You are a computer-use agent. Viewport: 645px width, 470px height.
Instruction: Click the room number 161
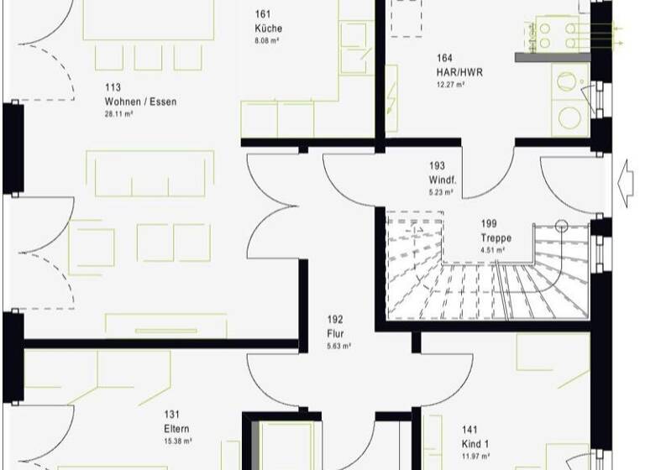[x=263, y=14]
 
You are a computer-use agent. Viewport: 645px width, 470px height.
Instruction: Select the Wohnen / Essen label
[x=141, y=102]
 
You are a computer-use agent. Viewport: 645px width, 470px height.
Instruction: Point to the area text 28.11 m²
[x=118, y=113]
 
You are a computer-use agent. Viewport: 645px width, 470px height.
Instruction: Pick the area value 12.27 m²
[x=448, y=84]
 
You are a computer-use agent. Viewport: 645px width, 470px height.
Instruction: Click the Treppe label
[x=496, y=238]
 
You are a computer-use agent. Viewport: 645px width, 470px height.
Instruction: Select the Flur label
[x=335, y=333]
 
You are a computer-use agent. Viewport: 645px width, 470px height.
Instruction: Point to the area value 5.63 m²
[x=338, y=345]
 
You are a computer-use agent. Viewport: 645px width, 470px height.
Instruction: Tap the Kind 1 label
[x=475, y=444]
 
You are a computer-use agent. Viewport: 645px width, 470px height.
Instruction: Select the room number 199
[x=489, y=224]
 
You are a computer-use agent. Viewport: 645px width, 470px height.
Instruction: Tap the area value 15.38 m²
[x=178, y=440]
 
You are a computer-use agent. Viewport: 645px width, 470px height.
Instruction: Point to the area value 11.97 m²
[x=475, y=456]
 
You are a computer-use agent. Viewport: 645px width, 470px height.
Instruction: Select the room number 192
[x=334, y=319]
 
